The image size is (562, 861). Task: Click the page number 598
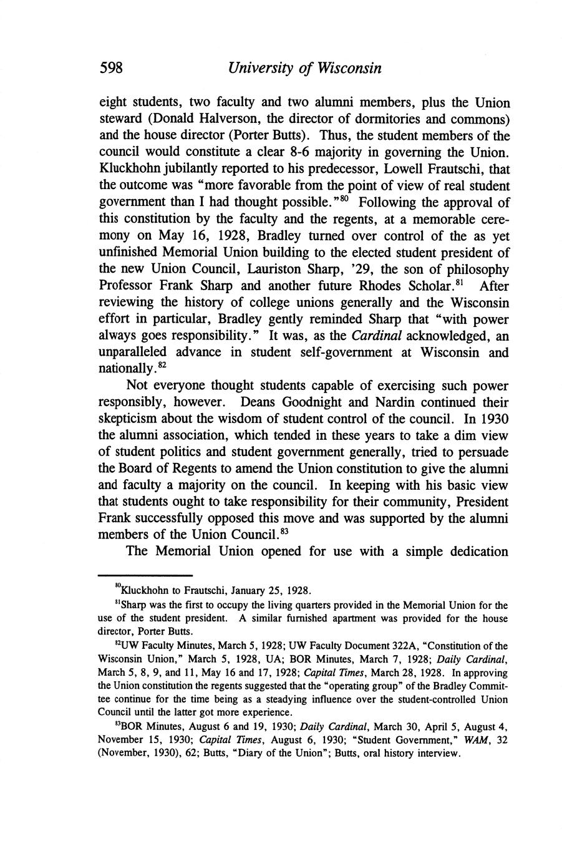pyautogui.click(x=113, y=68)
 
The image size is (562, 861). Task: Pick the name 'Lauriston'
pyautogui.click(x=278, y=270)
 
